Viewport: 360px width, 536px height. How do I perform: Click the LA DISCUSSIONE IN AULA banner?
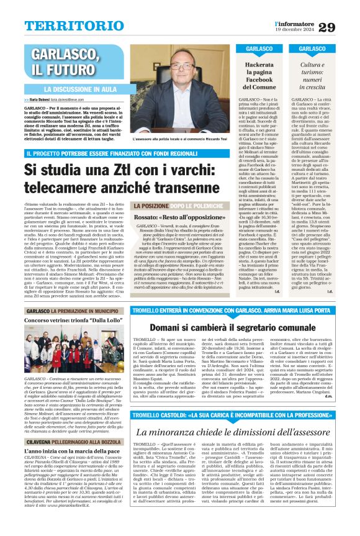(x=84, y=89)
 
